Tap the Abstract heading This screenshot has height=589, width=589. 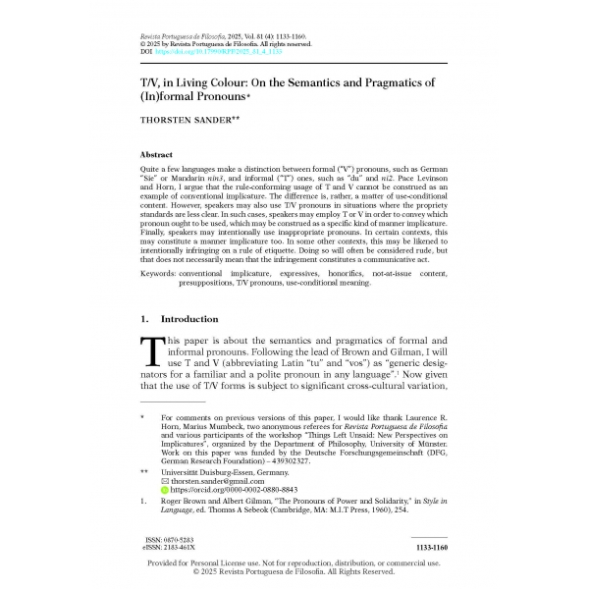click(158, 155)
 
